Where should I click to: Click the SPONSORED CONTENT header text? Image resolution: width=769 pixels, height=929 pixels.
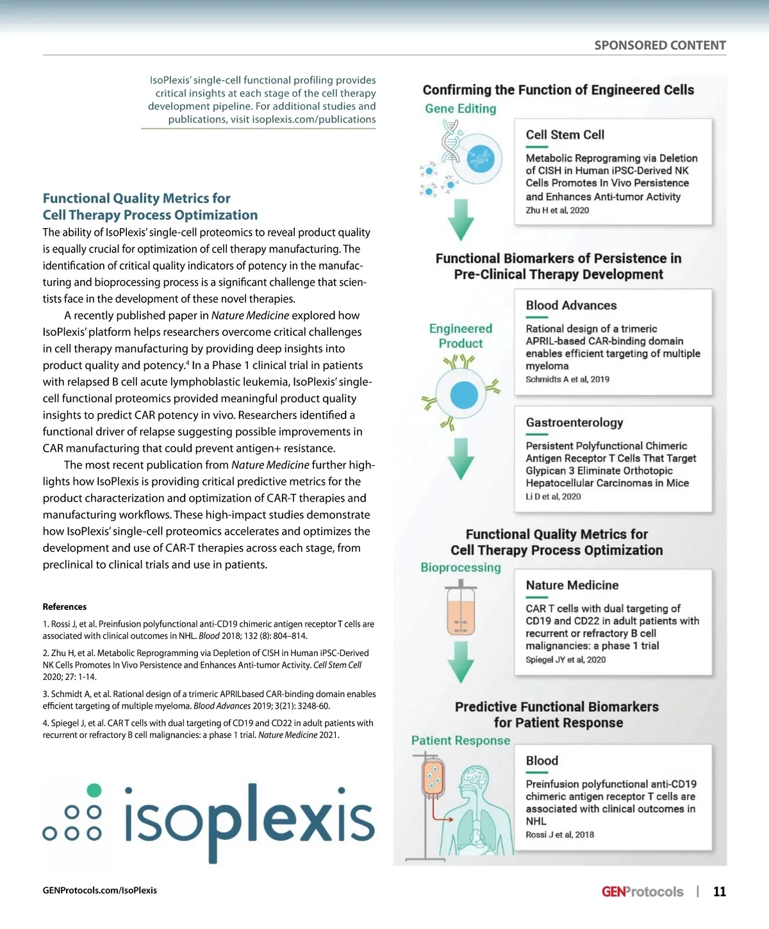pyautogui.click(x=659, y=45)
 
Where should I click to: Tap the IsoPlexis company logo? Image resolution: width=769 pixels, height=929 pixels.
pyautogui.click(x=209, y=821)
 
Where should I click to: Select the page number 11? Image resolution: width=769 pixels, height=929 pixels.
pyautogui.click(x=720, y=892)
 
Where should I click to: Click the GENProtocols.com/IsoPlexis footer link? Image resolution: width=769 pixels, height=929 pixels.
pyautogui.click(x=100, y=891)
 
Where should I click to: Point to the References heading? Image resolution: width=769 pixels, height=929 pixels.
pyautogui.click(x=65, y=607)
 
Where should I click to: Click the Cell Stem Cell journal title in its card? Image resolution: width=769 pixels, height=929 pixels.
pyautogui.click(x=565, y=135)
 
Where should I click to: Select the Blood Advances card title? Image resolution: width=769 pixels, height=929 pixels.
pyautogui.click(x=571, y=306)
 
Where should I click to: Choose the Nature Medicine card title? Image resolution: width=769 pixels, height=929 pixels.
pyautogui.click(x=572, y=586)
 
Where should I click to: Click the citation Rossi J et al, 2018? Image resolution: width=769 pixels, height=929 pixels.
pyautogui.click(x=559, y=835)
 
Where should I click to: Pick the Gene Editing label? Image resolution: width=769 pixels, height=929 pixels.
pyautogui.click(x=460, y=109)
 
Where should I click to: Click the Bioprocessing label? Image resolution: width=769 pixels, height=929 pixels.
pyautogui.click(x=460, y=568)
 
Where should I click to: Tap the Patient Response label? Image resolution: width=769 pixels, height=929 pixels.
pyautogui.click(x=460, y=741)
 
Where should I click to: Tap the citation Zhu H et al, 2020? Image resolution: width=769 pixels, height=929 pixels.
pyautogui.click(x=557, y=211)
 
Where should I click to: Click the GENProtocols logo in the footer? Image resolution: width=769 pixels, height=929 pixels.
pyautogui.click(x=642, y=892)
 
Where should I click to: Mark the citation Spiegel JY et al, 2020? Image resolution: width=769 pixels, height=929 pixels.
pyautogui.click(x=565, y=660)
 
